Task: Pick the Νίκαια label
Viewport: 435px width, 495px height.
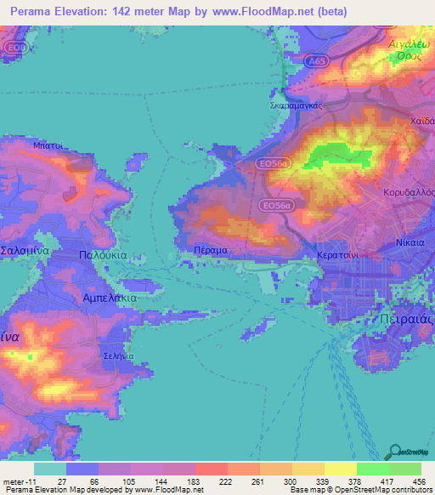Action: (410, 242)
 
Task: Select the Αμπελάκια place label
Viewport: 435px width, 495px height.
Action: (109, 299)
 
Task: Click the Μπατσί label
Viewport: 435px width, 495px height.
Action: (50, 145)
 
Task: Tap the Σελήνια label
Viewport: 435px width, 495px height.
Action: (116, 356)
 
